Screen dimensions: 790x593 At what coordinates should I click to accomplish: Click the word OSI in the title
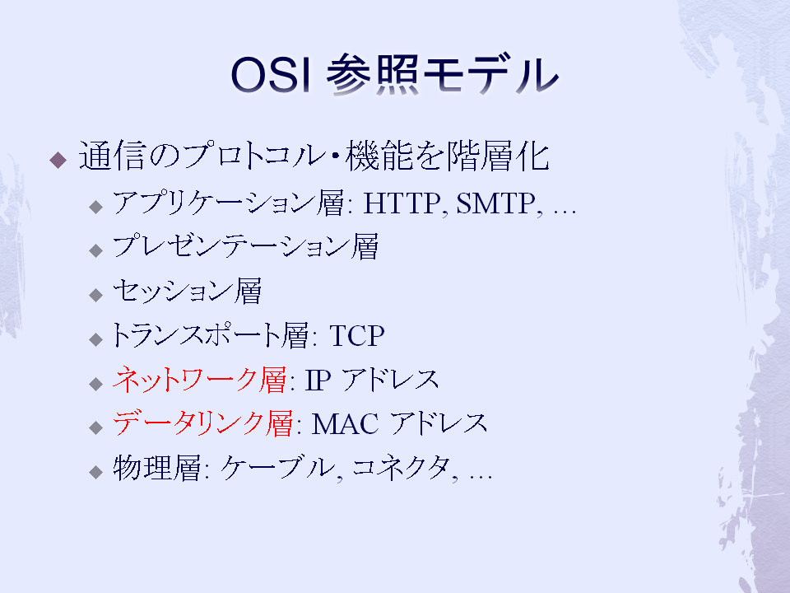[x=271, y=75]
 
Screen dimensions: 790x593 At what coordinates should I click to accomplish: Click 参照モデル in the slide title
[x=443, y=75]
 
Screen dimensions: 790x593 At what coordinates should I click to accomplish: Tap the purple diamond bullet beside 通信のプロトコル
[x=58, y=160]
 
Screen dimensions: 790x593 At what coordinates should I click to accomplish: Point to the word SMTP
[x=496, y=203]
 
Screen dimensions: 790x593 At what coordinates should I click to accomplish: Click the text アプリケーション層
[x=228, y=203]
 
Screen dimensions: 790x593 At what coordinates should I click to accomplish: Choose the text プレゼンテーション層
[x=245, y=247]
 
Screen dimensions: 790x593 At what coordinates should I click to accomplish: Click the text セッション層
[x=187, y=291]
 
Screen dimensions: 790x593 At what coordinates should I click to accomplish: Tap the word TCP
[x=356, y=336]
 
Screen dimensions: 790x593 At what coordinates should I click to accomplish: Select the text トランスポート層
[x=209, y=335]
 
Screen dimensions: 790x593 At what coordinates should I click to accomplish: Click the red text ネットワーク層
[x=199, y=379]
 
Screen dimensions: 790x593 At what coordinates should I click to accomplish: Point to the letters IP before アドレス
[x=318, y=381]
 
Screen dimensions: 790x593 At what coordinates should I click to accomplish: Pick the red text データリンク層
[x=202, y=423]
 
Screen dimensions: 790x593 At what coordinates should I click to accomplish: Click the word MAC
[x=345, y=424]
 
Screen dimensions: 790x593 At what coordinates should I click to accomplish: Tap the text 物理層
[x=156, y=468]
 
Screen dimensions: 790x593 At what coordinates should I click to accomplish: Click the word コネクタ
[x=401, y=468]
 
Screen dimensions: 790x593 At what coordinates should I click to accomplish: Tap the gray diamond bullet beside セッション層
[x=95, y=295]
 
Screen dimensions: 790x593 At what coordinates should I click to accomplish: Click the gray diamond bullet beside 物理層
[x=95, y=472]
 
